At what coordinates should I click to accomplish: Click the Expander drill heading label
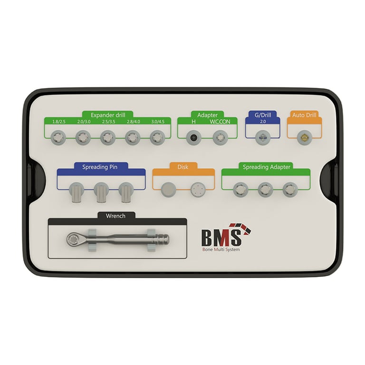(x=108, y=115)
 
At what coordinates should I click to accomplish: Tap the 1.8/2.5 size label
(x=58, y=122)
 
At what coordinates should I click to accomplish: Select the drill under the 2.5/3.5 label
(x=107, y=138)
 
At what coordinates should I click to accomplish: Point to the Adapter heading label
(x=207, y=115)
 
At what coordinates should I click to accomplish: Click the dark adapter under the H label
(x=193, y=138)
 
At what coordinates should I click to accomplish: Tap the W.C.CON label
(x=220, y=122)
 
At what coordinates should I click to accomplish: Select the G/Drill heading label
(x=262, y=115)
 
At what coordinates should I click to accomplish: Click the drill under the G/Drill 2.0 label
(x=262, y=138)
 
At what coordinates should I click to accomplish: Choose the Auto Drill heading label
(x=304, y=115)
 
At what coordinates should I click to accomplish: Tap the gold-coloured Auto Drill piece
(x=303, y=138)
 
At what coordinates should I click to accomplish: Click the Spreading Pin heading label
(x=100, y=167)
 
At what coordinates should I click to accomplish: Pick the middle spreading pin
(x=101, y=192)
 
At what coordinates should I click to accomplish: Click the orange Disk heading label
(x=183, y=167)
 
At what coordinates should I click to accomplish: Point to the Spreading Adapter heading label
(x=266, y=167)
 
